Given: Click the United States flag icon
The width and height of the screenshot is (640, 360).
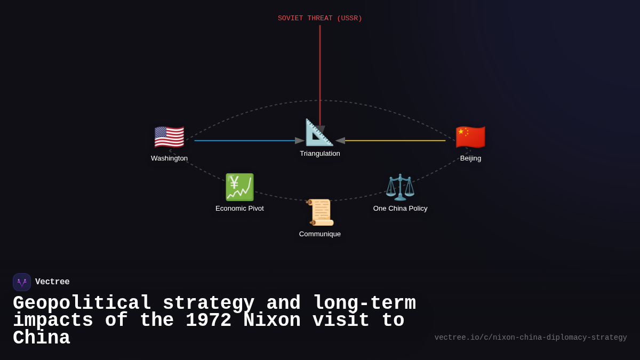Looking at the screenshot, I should point(169,137).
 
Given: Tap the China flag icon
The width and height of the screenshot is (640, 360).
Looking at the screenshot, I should point(470,137).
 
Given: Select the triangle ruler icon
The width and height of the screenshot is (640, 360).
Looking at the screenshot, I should point(319,133).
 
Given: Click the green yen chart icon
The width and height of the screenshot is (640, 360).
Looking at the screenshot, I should point(239,187).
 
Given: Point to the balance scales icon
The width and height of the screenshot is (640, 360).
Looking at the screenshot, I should point(400,187).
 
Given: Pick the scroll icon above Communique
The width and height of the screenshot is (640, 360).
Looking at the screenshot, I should point(320,212).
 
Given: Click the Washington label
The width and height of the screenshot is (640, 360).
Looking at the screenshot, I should point(169,158).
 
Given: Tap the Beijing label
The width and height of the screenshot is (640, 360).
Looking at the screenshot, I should point(470,158).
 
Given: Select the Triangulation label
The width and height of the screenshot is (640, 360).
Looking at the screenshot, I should point(320,154).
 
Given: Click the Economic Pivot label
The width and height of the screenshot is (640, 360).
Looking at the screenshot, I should point(239,209).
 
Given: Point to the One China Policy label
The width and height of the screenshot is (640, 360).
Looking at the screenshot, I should point(400,209).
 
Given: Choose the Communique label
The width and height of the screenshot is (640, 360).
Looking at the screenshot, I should point(320,234).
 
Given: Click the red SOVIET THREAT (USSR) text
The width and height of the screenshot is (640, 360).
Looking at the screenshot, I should point(320,19).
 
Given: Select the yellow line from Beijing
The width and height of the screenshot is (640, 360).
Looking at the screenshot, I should point(395,141).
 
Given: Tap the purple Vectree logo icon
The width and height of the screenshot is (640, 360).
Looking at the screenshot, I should point(22,282).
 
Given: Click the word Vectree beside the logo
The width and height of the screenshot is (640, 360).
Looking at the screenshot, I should point(52,282).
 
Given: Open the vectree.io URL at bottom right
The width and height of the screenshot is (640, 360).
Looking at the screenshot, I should point(531,338).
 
